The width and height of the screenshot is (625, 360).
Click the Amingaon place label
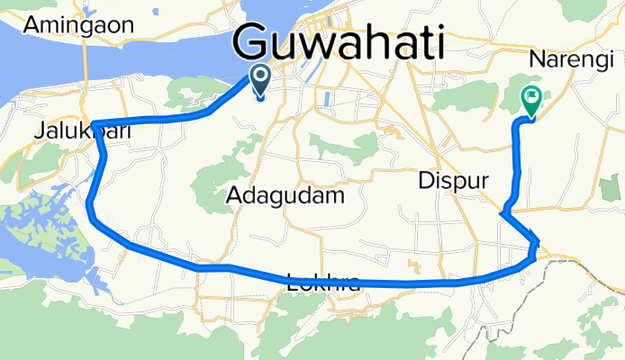pos(78,24)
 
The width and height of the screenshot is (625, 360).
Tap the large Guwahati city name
pos(340,43)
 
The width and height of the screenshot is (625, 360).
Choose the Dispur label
pos(453,181)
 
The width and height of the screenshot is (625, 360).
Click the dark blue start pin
pos(260,80)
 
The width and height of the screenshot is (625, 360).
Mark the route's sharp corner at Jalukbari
pos(93,124)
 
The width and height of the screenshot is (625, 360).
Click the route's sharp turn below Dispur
pos(501,213)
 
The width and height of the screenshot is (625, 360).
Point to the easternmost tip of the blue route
pos(539,241)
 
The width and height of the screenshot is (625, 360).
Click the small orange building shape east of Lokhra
pos(415,266)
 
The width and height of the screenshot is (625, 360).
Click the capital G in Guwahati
pos(256,43)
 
